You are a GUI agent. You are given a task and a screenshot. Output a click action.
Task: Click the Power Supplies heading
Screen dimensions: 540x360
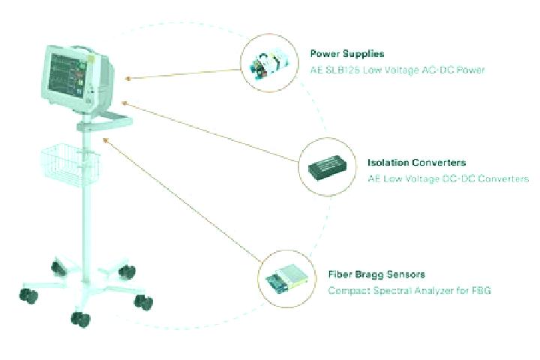point(347,54)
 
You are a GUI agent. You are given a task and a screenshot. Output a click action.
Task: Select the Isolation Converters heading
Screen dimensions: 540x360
point(417,163)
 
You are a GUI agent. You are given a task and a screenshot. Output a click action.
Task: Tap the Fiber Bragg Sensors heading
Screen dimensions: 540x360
point(376,274)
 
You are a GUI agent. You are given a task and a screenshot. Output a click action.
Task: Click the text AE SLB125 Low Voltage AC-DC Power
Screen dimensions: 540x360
point(397,70)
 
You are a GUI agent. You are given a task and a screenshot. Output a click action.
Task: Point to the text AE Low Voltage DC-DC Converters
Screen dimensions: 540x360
point(448,178)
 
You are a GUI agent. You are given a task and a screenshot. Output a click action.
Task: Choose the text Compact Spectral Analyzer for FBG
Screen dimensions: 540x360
point(409,290)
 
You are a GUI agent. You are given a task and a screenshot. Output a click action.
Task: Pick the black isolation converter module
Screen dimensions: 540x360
point(327,167)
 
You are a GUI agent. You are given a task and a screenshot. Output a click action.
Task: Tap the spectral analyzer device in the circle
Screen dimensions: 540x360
point(286,279)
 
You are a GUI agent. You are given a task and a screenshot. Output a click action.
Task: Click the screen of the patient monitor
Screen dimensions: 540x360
point(67,75)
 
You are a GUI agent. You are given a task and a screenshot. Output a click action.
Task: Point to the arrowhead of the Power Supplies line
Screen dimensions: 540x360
point(127,79)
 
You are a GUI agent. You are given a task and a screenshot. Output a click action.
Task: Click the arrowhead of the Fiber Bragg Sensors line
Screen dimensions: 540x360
point(106,139)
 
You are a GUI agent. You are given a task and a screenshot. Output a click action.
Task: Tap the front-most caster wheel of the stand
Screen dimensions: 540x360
point(80,319)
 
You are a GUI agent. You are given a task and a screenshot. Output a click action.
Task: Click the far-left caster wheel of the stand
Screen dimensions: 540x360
point(28,296)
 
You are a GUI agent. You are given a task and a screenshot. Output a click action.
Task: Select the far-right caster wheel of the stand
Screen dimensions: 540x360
point(143,302)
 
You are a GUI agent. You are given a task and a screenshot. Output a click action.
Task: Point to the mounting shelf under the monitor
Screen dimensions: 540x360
point(105,122)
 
